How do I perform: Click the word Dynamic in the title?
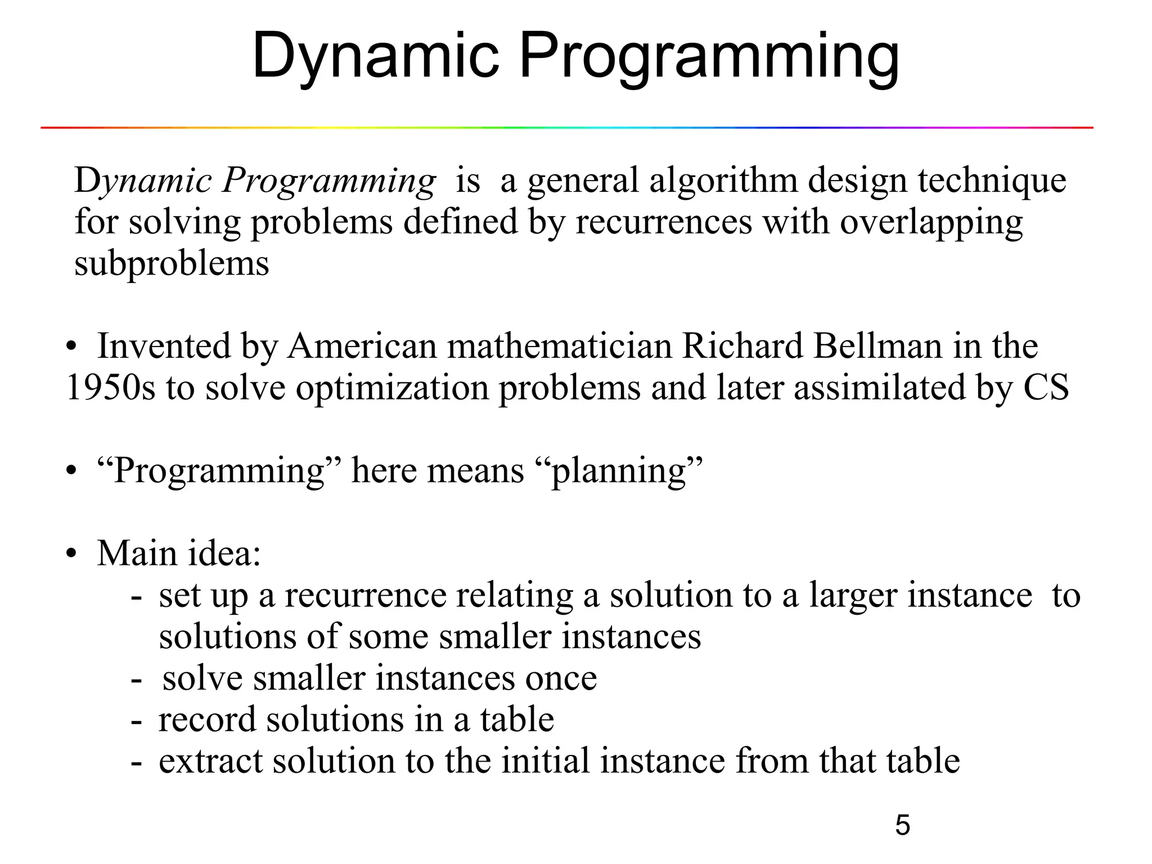point(376,56)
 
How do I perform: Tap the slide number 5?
point(902,825)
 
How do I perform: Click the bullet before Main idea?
point(70,554)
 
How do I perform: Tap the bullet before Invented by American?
point(70,347)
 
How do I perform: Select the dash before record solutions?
point(136,721)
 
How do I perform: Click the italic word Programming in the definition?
point(329,182)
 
